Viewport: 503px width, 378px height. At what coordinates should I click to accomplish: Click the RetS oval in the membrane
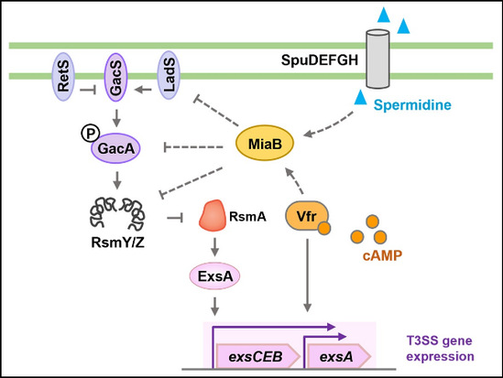(63, 77)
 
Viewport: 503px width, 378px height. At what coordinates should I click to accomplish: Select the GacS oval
(116, 77)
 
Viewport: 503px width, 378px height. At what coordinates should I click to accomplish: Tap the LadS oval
(169, 75)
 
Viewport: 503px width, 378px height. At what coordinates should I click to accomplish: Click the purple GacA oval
(115, 148)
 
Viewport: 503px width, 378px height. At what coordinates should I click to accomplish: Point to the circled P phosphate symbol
(90, 134)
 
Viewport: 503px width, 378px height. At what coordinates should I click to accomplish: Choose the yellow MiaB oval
(265, 143)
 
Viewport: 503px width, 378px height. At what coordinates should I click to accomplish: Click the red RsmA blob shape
(213, 216)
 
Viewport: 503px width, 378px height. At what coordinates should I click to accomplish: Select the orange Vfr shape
(307, 216)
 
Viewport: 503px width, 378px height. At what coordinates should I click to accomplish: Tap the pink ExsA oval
(214, 276)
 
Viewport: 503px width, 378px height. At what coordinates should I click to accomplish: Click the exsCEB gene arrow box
(258, 356)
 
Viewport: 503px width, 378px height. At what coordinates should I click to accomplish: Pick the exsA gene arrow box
(339, 356)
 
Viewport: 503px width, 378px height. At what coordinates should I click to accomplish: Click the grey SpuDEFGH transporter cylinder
(377, 59)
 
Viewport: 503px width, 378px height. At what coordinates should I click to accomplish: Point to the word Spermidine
(412, 104)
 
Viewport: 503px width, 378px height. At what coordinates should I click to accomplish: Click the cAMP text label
(382, 255)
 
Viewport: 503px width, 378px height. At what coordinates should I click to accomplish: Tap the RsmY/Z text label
(117, 243)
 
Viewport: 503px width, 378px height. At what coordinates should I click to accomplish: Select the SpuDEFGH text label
(320, 59)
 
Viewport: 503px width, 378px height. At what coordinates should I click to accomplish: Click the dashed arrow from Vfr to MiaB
(293, 180)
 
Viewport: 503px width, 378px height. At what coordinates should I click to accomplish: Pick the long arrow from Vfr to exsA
(307, 275)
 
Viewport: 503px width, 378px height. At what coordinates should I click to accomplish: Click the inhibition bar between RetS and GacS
(88, 90)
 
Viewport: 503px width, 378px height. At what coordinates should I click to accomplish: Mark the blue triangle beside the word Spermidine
(361, 97)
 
